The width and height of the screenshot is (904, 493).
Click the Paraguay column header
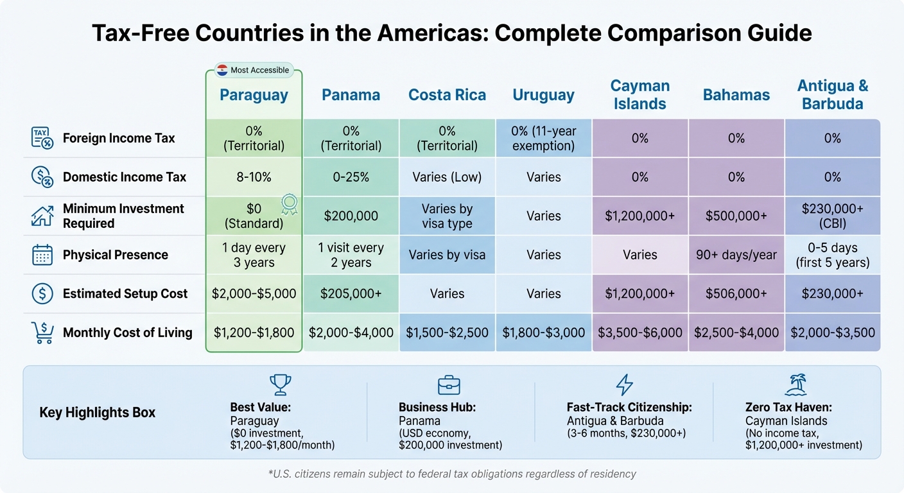point(254,95)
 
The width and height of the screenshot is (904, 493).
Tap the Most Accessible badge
point(253,70)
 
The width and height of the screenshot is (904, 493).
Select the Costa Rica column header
point(447,95)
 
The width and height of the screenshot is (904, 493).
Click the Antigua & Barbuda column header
point(832,95)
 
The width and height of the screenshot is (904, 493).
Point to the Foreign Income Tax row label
point(119,138)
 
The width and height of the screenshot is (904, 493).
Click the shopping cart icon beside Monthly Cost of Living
point(42,333)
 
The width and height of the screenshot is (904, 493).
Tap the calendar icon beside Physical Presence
point(42,255)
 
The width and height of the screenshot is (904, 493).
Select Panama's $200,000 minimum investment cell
point(351,216)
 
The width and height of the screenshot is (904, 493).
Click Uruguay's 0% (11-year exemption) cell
point(543,138)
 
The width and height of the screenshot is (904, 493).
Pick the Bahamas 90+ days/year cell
point(736,255)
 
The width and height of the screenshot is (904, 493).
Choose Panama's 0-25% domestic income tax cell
point(351,177)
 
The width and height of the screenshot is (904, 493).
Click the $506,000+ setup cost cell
point(736,294)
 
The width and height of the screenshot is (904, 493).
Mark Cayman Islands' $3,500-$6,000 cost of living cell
point(639,333)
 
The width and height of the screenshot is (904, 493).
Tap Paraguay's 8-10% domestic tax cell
point(254,177)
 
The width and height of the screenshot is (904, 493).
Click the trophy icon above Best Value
point(279,385)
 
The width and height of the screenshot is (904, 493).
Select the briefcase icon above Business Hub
point(449,385)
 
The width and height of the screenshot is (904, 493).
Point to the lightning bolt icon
point(623,385)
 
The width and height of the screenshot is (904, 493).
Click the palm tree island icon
point(795,385)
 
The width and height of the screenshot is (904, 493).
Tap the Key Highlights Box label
point(98,413)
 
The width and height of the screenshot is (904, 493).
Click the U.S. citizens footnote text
point(451,474)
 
